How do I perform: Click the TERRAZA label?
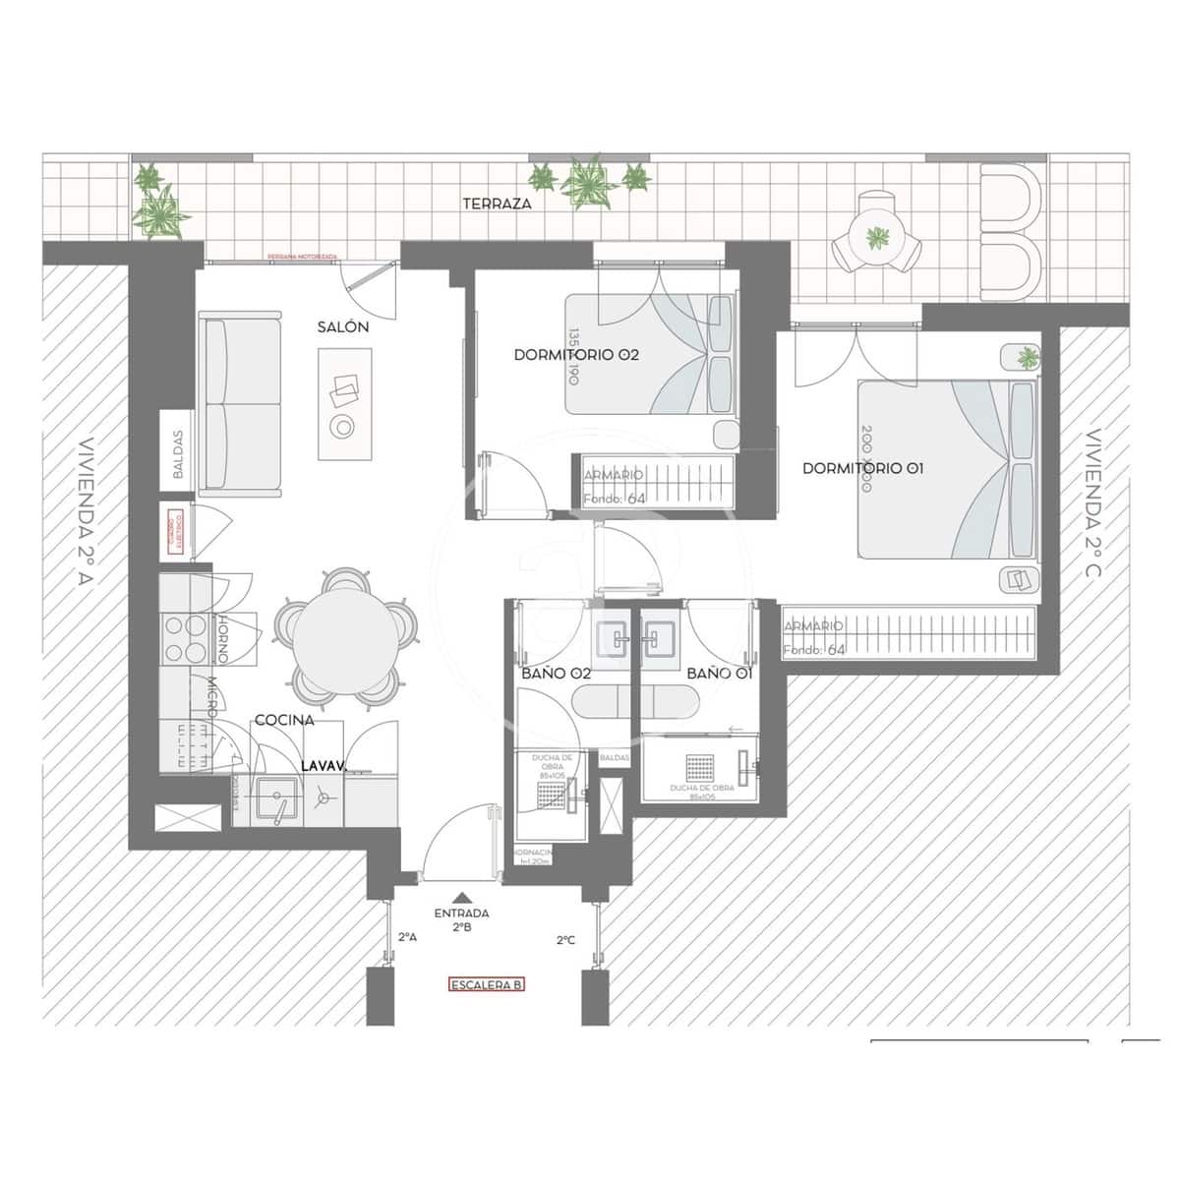498,205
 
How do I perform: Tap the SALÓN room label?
343,327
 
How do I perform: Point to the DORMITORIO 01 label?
862,468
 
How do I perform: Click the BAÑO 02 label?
556,674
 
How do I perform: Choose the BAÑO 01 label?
719,674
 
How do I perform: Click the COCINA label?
284,720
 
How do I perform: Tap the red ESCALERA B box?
486,984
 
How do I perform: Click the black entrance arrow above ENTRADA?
461,897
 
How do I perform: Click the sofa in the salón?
240,403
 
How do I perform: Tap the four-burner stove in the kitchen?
180,639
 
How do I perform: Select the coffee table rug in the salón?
344,403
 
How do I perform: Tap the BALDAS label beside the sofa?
178,454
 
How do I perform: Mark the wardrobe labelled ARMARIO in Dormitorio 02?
654,482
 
